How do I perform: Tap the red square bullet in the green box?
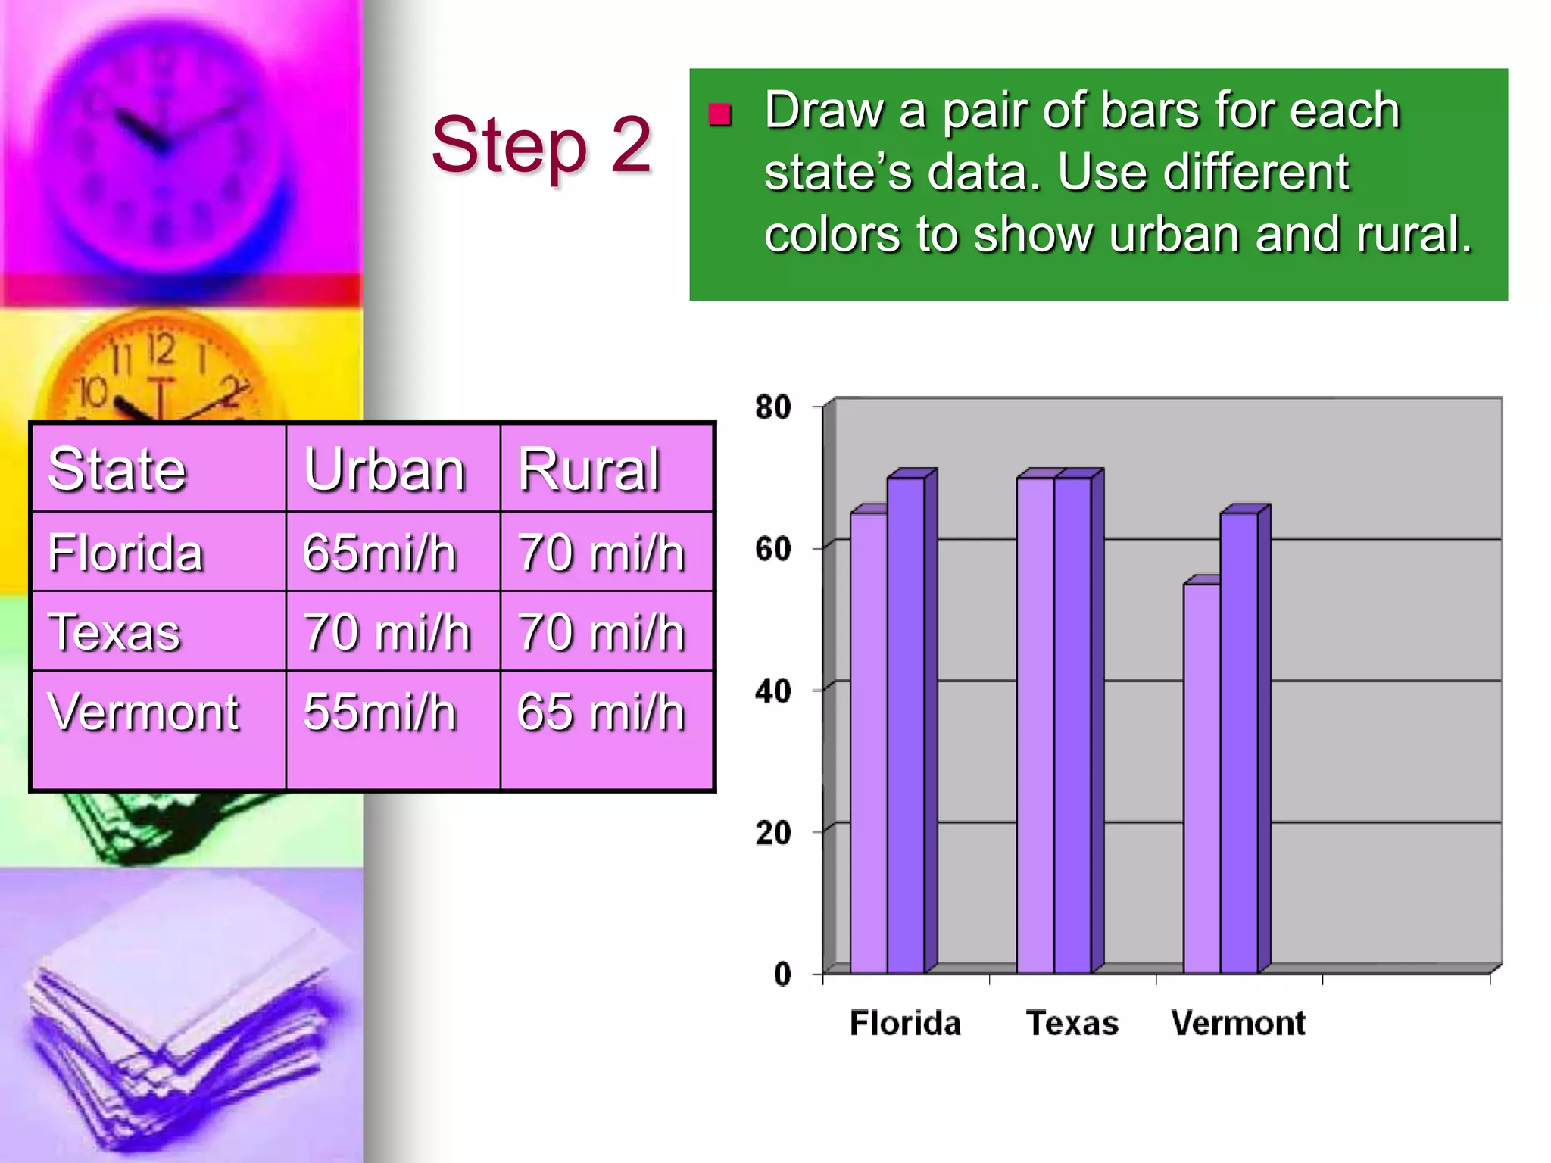coord(719,115)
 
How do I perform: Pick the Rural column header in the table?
coord(589,469)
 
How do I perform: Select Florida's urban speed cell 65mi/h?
coord(379,552)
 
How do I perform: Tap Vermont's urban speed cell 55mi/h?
coord(379,712)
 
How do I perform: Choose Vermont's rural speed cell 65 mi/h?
coord(601,712)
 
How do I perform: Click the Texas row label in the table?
coord(114,631)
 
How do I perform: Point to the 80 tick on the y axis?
coord(773,407)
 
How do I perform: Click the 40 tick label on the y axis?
coord(773,691)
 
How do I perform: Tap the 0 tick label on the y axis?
coord(782,974)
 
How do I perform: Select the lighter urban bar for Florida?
coord(869,742)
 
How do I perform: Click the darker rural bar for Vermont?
coord(1239,742)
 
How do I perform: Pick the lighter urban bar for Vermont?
coord(1202,780)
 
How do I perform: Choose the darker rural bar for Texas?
coord(1072,727)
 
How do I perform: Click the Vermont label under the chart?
coord(1238,1023)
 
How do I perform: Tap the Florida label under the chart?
coord(905,1023)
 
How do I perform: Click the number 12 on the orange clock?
coord(161,350)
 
